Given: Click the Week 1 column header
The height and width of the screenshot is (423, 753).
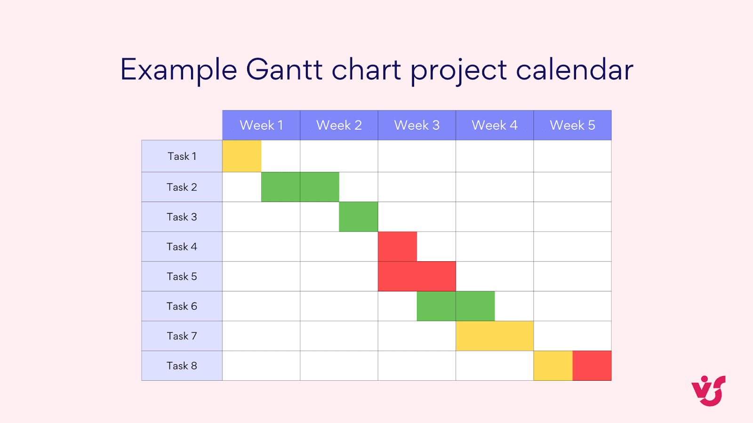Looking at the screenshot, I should pyautogui.click(x=261, y=125).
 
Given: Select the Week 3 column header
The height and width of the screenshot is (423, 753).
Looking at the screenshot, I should pyautogui.click(x=417, y=125).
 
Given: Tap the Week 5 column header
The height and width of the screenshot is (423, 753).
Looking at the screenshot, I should pyautogui.click(x=572, y=125).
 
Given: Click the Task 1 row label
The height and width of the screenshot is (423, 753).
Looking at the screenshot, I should pyautogui.click(x=182, y=156).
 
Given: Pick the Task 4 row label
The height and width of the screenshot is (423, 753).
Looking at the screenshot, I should pyautogui.click(x=182, y=247).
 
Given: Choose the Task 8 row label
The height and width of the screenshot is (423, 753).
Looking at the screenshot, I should pyautogui.click(x=182, y=366).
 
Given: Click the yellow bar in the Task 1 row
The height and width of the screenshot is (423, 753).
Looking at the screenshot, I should pyautogui.click(x=241, y=156).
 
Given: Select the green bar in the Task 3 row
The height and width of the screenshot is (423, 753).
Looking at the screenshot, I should pyautogui.click(x=358, y=217).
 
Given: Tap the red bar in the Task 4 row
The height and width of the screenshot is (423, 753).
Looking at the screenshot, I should pyautogui.click(x=397, y=247).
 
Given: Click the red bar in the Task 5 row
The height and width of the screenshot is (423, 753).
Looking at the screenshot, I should pyautogui.click(x=417, y=276).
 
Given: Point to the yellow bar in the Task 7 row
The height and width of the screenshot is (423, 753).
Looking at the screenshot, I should pyautogui.click(x=494, y=336).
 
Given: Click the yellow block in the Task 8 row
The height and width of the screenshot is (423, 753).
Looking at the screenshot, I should pyautogui.click(x=553, y=366).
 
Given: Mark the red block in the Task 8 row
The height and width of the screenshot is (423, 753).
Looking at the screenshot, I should pyautogui.click(x=592, y=366).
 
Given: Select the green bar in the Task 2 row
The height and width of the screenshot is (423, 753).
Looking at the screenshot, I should pyautogui.click(x=300, y=187).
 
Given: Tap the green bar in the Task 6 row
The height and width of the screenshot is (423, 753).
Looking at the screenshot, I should pyautogui.click(x=456, y=306).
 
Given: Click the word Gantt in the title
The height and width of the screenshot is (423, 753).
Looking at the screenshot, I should pyautogui.click(x=284, y=70).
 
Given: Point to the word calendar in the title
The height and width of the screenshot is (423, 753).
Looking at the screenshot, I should pyautogui.click(x=575, y=70).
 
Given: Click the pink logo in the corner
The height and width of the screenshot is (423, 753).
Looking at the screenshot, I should pyautogui.click(x=708, y=391).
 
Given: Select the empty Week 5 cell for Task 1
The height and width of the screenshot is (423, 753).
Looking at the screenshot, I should pyautogui.click(x=572, y=156).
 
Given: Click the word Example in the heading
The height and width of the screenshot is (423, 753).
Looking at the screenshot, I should pyautogui.click(x=178, y=70).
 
